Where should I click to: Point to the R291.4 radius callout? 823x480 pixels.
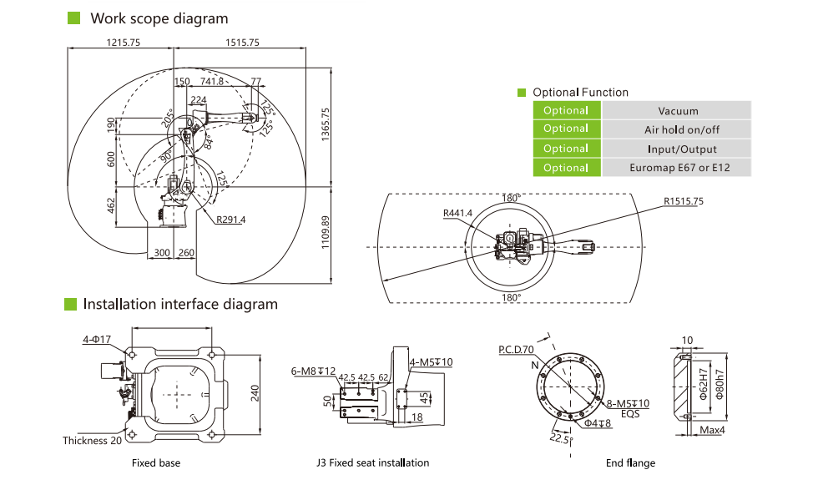coord(230,220)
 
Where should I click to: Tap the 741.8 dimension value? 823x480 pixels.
coord(212,81)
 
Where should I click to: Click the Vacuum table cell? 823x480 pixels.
coord(677,110)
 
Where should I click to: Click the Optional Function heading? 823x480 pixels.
coord(580,92)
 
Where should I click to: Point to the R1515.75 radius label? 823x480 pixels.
coord(684,201)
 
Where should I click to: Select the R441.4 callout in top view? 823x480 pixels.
coord(457,213)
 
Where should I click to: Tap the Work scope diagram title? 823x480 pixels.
coord(159,18)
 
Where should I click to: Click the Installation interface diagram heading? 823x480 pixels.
coord(179,304)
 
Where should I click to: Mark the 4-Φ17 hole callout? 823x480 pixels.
coord(97,339)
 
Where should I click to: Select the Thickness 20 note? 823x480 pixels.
coord(97,440)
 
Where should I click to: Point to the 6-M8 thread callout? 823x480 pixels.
coord(314,371)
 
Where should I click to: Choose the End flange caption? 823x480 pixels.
coord(630,462)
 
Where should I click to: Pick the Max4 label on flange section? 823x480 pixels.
coord(712,430)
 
